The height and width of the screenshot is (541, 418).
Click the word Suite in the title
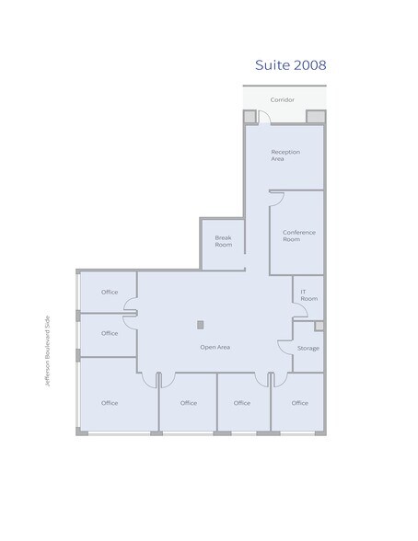coord(273,65)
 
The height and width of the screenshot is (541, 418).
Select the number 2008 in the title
coord(309,65)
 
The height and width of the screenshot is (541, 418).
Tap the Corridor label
coord(282,98)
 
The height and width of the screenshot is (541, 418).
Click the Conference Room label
coord(298,236)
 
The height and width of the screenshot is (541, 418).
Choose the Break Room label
coord(223,241)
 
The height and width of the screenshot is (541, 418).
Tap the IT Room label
coord(308,295)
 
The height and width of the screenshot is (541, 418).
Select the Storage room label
coord(308,349)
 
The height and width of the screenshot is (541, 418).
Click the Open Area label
coord(215,347)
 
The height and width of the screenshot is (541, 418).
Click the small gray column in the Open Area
coord(200,324)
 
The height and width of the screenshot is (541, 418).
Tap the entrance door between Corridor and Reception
coord(262,117)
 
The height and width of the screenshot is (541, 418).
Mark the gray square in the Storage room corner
coord(319,326)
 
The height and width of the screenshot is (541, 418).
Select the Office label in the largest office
coord(110,403)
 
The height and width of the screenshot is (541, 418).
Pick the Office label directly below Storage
coord(299,403)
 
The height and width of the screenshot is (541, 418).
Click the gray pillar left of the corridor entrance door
coord(249,116)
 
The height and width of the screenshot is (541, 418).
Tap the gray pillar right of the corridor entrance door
coord(315,116)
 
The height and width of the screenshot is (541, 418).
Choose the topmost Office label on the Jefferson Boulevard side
coord(110,292)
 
